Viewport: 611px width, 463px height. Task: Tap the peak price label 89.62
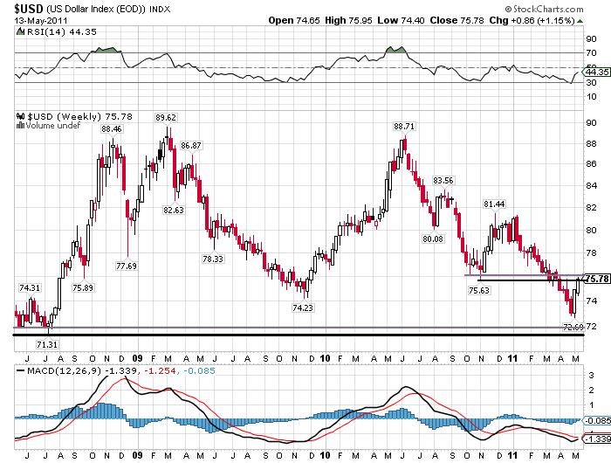[x=166, y=117]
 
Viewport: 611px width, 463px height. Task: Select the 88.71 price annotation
[x=403, y=126]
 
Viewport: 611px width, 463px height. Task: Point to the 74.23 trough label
[x=302, y=308]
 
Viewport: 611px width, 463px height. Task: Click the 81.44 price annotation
[x=495, y=204]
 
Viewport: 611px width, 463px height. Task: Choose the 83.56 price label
[x=443, y=181]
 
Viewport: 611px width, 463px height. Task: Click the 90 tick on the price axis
[x=591, y=123]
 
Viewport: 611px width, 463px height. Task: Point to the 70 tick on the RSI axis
[x=591, y=53]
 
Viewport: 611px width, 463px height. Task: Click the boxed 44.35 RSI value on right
[x=596, y=73]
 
